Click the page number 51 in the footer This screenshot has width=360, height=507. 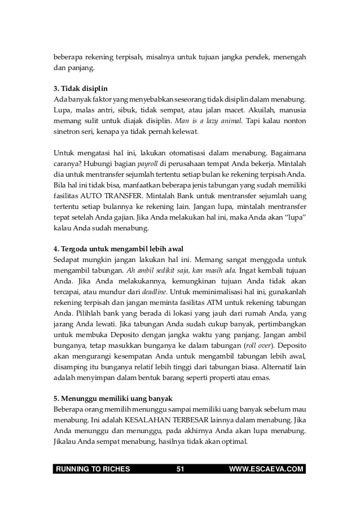click(181, 469)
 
